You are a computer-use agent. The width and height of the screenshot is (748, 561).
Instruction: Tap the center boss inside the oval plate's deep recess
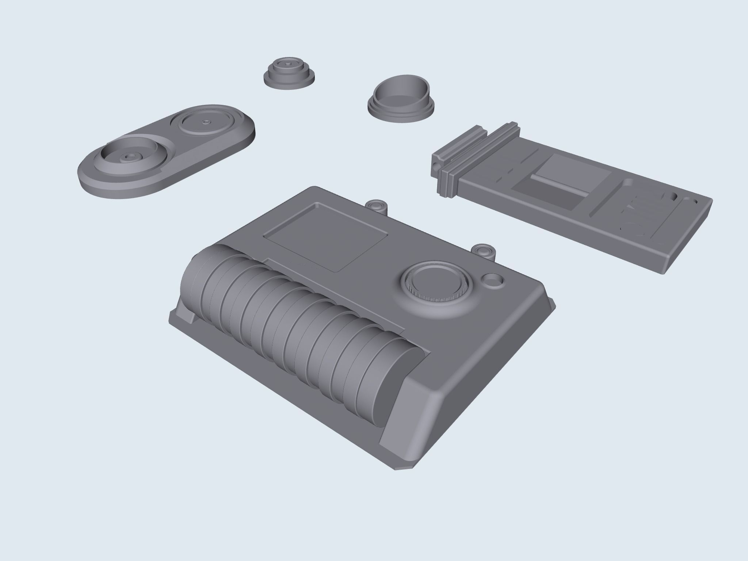point(127,156)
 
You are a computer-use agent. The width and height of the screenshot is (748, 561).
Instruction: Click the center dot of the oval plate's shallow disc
point(207,121)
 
